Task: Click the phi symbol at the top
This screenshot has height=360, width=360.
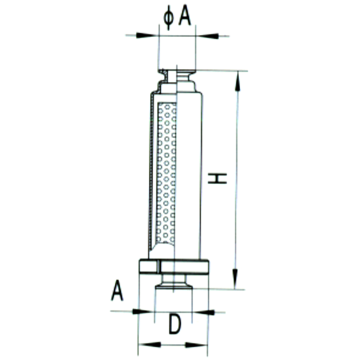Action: click(169, 18)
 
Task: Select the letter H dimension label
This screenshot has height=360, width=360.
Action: click(217, 178)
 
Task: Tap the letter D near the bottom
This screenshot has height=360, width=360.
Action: click(175, 324)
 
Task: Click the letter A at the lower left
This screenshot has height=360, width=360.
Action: click(117, 290)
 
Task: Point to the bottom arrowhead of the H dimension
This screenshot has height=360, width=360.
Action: click(235, 279)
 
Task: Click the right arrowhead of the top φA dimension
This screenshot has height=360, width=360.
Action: click(207, 36)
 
